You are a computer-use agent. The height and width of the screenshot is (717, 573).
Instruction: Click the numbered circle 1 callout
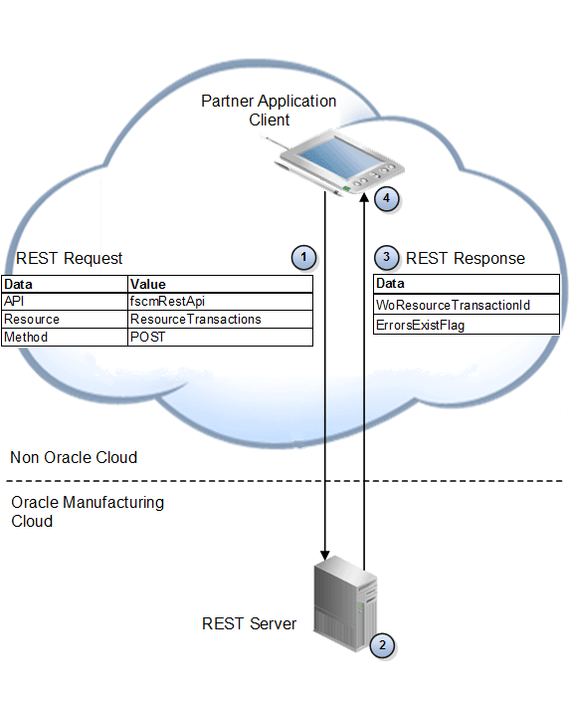pos(303,258)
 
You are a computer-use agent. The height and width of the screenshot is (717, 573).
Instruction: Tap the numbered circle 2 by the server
pos(381,644)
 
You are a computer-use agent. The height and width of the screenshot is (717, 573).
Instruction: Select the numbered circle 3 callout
pos(388,258)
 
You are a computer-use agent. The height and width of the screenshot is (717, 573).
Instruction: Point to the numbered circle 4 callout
pos(386,198)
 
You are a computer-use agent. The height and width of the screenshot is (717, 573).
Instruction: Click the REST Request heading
pos(69,259)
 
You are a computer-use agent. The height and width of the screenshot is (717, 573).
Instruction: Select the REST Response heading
pos(465,259)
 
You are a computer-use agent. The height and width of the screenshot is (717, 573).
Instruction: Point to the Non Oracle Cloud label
pos(74,458)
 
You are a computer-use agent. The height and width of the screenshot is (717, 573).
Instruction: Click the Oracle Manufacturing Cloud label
pos(88,511)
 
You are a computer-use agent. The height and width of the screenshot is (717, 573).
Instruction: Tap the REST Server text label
pos(249,624)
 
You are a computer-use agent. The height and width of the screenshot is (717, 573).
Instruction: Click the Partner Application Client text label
pos(269,111)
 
